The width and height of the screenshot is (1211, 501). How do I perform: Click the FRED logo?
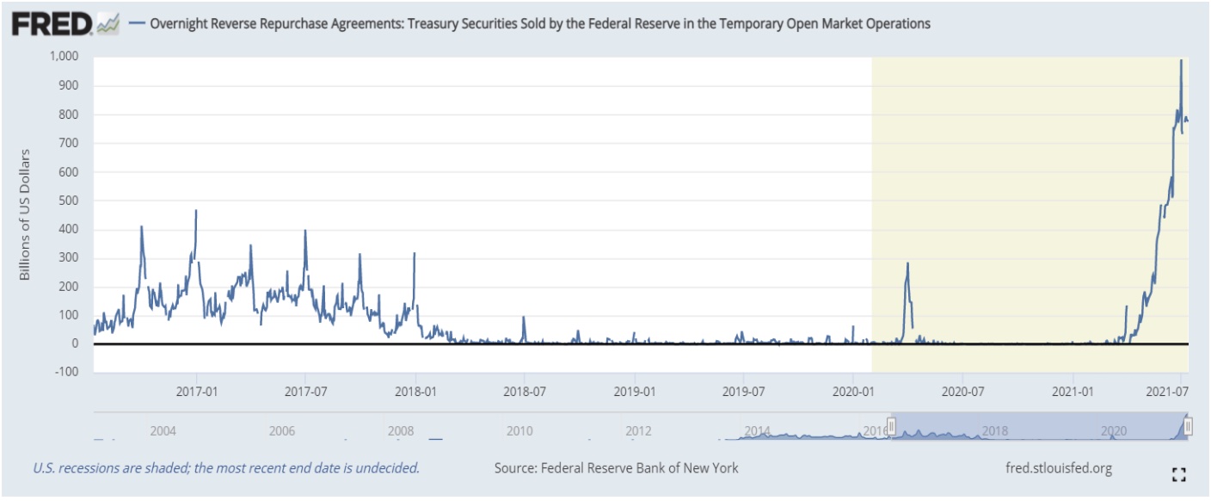coord(52,24)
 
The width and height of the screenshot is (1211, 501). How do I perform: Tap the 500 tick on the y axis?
coord(68,201)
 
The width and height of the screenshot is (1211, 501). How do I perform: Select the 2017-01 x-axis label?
coord(197,390)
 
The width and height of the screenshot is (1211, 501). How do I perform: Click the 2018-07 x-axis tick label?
coord(524,390)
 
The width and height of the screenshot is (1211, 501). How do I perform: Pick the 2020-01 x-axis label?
coord(851,390)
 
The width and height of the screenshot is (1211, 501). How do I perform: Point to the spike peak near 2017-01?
coord(196,210)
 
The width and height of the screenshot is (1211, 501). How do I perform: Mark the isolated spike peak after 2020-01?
coord(907,263)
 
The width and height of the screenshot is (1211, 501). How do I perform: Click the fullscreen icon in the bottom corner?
coord(1178,473)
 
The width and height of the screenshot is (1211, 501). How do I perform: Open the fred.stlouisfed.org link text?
coord(1058,468)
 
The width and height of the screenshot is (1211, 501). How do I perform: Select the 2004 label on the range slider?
coord(163,430)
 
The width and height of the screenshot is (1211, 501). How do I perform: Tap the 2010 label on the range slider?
coord(519,430)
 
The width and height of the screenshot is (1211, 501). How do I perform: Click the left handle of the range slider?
coord(892,425)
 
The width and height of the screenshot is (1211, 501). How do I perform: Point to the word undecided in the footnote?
coord(389,468)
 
